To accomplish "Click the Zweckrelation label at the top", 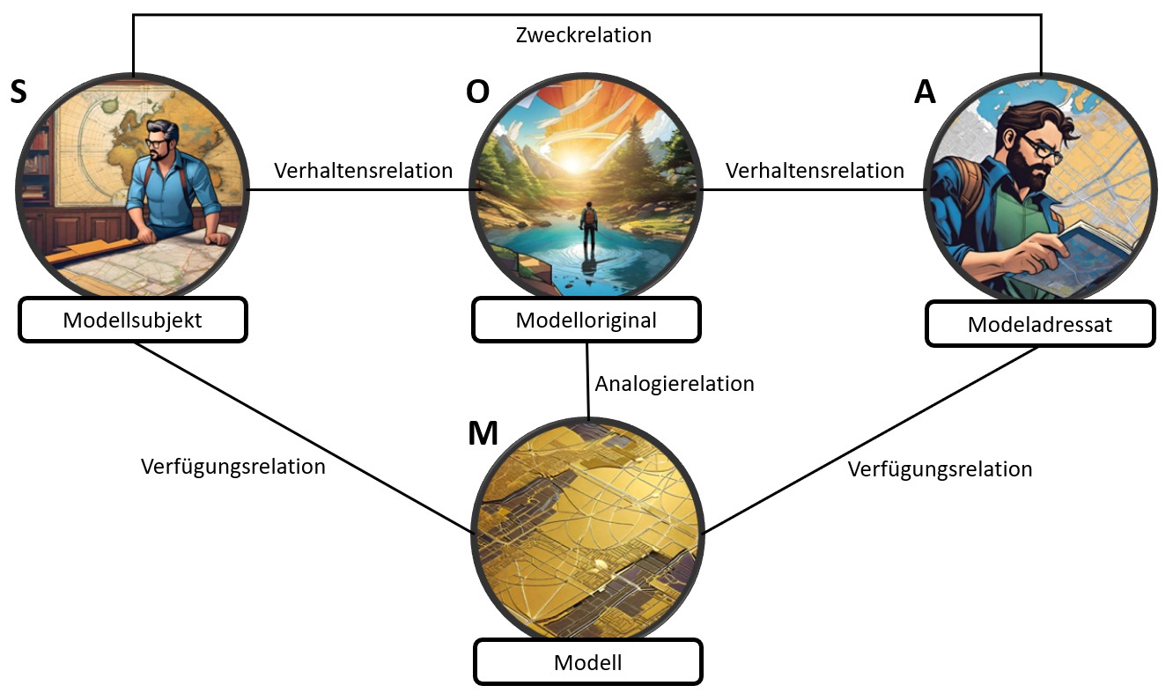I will pos(583,36).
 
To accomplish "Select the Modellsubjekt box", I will pos(132,321).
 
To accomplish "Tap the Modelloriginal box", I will pos(586,321).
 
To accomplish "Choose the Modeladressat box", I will pos(1039,325).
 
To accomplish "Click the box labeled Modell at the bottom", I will pos(587,662).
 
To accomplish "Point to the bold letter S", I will pos(18,92).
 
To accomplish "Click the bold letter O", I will pos(477,92).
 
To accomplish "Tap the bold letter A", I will pos(925,92).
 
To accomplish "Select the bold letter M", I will pos(483,434).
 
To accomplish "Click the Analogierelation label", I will pos(675,384).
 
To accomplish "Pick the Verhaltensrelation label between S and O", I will pos(363,170).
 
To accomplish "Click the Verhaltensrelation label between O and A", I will pos(815,170).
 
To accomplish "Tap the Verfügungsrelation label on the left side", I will pos(232,466).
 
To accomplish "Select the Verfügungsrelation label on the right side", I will pos(940,469).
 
